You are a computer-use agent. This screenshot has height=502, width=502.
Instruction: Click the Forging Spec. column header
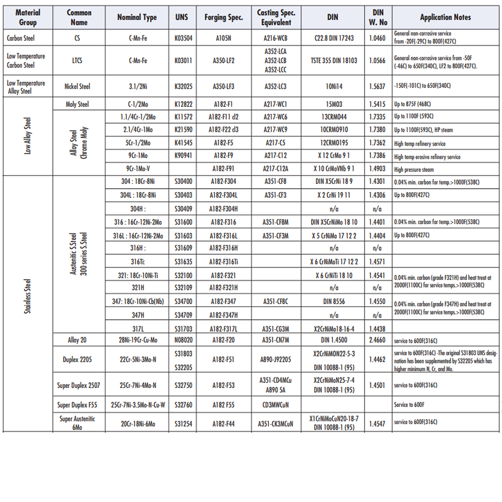223,17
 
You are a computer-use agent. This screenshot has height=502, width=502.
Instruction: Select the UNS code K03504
183,38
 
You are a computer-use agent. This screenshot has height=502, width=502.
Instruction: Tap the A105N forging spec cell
223,38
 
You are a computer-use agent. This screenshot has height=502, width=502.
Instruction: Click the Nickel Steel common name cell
77,86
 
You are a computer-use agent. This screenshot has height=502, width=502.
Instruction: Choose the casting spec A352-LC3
276,86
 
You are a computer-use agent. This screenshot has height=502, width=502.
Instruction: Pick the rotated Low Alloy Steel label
28,136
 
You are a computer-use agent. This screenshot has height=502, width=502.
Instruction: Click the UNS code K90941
183,157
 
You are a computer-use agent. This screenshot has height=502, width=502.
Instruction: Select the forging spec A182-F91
223,170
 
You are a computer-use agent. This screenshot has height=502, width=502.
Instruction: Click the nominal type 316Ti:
137,262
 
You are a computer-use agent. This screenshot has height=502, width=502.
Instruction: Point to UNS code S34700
183,302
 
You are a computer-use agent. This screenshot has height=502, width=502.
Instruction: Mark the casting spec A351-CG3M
276,329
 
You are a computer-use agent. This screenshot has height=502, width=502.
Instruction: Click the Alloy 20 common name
77,340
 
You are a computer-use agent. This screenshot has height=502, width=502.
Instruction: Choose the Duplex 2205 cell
77,359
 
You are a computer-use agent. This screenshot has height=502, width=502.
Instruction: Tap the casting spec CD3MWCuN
276,405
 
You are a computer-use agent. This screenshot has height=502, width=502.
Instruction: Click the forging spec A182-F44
223,424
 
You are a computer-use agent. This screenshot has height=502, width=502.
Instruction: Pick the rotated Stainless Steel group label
28,296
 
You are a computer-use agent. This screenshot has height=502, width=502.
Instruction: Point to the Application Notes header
445,17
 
